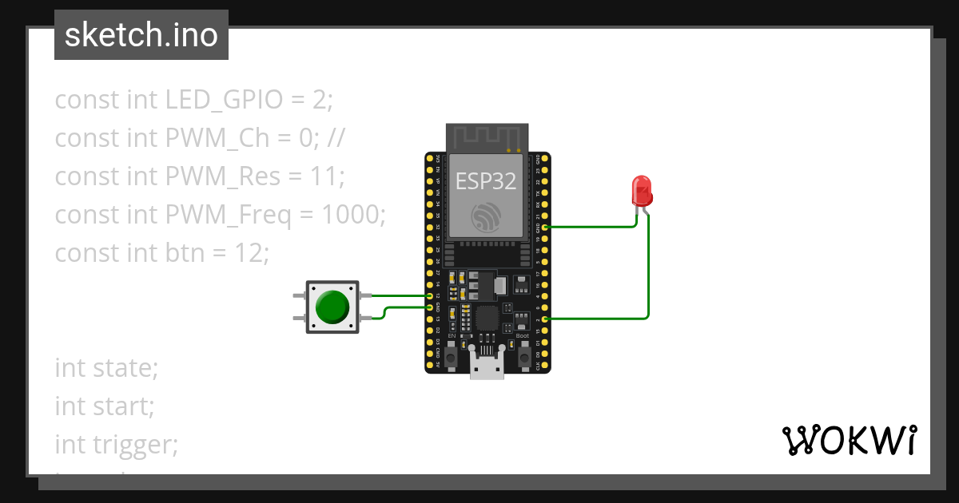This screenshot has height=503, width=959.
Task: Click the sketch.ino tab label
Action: [141, 35]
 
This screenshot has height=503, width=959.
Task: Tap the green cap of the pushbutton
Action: [332, 307]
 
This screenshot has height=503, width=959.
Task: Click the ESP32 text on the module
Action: [487, 181]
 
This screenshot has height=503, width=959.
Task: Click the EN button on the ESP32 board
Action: [452, 358]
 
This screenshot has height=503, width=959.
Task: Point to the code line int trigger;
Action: [117, 443]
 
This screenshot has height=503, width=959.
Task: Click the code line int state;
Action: [106, 368]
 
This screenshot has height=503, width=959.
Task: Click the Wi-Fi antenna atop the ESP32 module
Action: [487, 137]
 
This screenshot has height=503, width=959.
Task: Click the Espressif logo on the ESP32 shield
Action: [487, 218]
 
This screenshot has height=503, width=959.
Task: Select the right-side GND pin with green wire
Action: [545, 227]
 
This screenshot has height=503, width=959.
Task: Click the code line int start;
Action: [105, 406]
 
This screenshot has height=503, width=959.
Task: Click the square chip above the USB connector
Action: [487, 319]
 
